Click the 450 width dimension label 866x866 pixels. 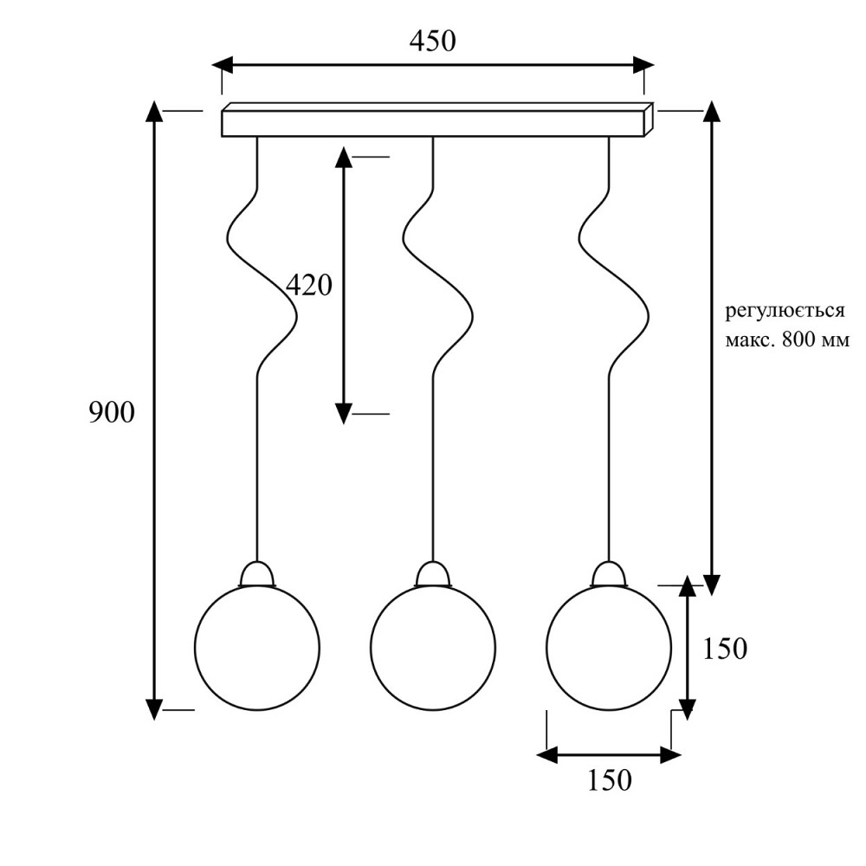point(432,42)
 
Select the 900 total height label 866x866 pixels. point(112,412)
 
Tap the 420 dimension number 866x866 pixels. point(309,286)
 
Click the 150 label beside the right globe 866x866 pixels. point(725,649)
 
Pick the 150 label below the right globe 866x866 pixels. point(609,781)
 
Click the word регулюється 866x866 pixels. point(785,311)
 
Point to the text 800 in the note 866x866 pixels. point(799,339)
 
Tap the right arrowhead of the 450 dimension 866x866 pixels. point(644,65)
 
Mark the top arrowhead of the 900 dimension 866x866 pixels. point(154,111)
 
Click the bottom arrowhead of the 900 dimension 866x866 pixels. point(154,710)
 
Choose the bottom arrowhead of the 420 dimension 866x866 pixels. point(344,414)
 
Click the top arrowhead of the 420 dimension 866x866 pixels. point(344,158)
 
